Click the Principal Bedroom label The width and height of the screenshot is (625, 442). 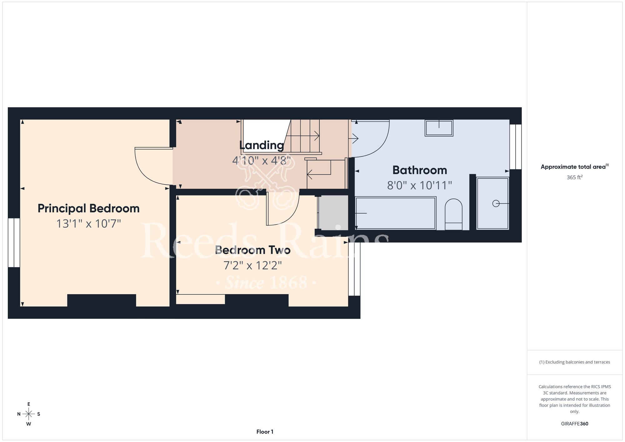point(88,208)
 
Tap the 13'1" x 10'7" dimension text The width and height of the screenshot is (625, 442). point(88,224)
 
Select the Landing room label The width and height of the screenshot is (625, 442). point(262,145)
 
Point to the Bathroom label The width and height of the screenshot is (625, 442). point(420,170)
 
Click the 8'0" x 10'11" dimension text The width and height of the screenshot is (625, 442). point(420,185)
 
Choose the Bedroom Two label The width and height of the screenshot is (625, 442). point(253,250)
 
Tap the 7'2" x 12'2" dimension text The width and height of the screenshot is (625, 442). point(253,265)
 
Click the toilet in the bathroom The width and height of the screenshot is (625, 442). point(453,214)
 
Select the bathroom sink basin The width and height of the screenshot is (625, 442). point(439,128)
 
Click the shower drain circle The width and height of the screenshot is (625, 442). point(496,203)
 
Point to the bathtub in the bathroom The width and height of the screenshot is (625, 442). point(396,213)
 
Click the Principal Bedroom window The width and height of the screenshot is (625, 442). point(14,243)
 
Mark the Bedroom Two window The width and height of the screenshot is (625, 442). point(354,269)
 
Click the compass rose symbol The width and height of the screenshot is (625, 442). point(29,414)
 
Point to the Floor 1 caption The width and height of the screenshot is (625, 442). point(265,432)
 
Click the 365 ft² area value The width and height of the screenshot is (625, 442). point(575,177)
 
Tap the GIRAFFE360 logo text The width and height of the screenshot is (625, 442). point(575,424)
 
